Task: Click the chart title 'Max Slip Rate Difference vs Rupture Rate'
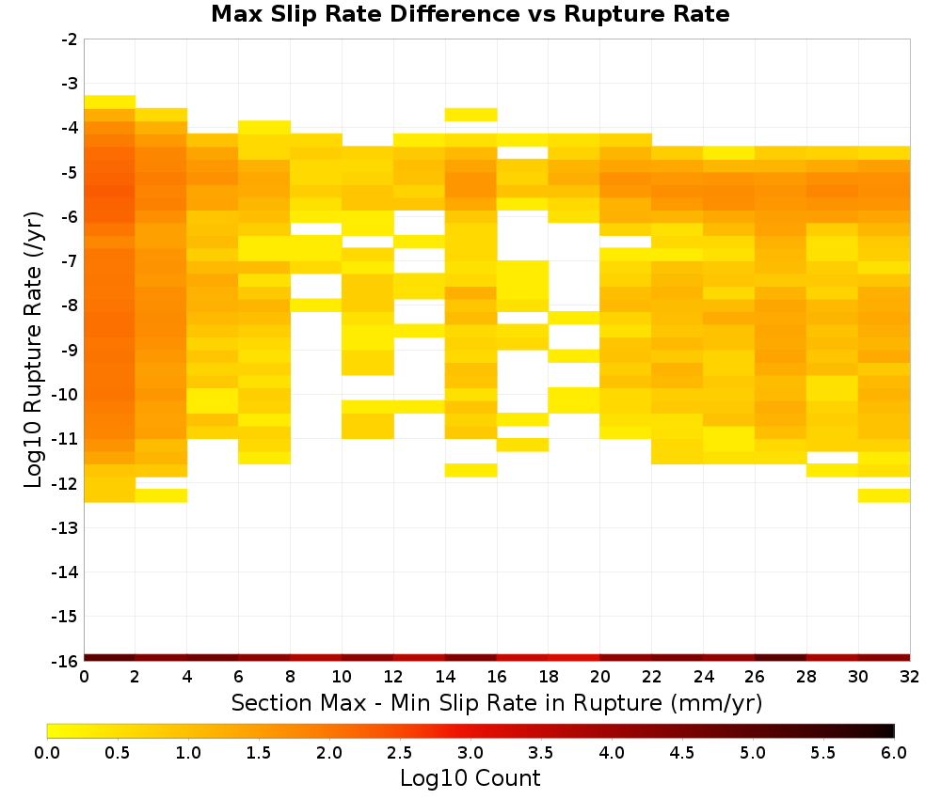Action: point(470,14)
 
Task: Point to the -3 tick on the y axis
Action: point(70,84)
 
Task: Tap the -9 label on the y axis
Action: point(70,350)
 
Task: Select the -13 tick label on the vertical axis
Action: point(66,528)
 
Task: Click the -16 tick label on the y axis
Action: point(66,661)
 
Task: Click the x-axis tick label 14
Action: point(445,677)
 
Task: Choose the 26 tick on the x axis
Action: point(755,677)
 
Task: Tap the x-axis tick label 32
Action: point(909,677)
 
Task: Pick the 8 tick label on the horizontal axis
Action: point(290,677)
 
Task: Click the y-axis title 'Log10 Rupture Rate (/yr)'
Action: point(34,350)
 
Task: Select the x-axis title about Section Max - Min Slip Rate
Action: point(497,703)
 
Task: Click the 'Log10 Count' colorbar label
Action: point(470,778)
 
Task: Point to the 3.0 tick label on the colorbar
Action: point(470,753)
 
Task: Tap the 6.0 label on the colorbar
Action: point(894,753)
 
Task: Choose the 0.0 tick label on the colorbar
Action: point(47,753)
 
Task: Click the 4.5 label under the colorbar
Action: point(681,753)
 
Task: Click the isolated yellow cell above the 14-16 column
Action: point(470,115)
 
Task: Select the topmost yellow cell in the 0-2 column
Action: point(109,102)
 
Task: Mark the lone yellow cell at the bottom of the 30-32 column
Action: point(884,495)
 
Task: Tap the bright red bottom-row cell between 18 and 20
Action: point(574,658)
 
